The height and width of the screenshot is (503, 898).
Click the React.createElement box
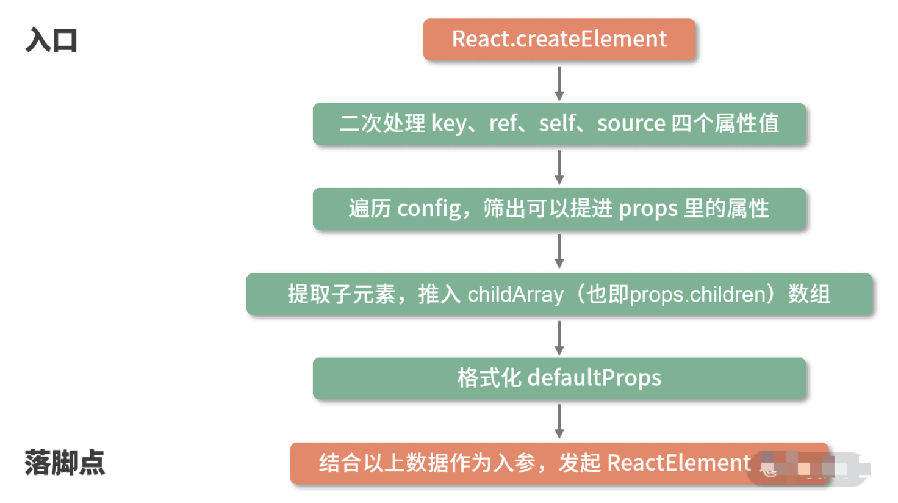559,39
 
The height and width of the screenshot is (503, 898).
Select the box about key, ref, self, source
559,124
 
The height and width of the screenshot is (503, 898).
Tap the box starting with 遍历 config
559,209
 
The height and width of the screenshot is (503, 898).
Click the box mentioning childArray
559,294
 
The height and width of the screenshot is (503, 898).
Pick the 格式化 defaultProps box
559,378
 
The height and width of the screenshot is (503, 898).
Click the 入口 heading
51,40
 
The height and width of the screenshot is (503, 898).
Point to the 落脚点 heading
65,463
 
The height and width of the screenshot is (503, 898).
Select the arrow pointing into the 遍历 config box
559,167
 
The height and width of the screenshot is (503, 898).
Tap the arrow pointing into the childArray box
559,251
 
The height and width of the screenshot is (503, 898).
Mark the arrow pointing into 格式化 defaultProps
559,337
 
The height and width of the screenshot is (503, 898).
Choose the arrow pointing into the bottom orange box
559,421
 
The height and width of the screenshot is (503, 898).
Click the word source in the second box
631,124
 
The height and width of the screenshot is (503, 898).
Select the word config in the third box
429,209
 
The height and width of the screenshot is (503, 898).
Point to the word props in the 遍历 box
648,209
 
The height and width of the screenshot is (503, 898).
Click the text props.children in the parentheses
697,295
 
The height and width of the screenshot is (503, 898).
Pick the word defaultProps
594,378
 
